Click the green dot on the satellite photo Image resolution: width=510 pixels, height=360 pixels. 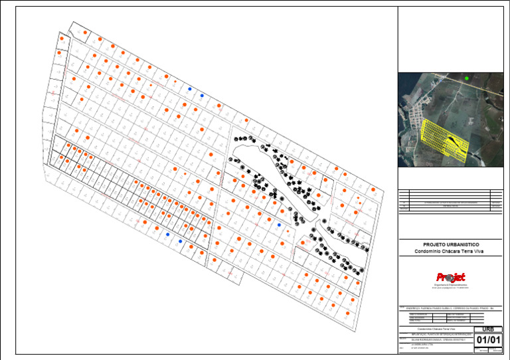[467, 78]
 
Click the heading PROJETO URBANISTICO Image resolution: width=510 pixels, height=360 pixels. [451, 244]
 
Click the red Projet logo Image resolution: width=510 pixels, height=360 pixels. [451, 277]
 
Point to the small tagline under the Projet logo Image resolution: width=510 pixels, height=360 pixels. [451, 286]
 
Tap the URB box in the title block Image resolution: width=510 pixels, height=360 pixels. [488, 329]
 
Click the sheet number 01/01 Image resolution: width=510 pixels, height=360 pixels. [488, 340]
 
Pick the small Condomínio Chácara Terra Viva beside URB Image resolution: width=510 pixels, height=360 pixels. [436, 329]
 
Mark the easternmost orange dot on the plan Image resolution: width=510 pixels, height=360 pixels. [374, 191]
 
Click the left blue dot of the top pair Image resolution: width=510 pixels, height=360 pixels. [189, 88]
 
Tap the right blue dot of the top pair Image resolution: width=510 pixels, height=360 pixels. [202, 96]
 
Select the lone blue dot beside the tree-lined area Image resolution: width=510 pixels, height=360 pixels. [280, 225]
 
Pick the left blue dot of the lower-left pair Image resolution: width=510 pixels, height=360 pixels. [168, 234]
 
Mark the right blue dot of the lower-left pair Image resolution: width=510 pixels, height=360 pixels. [181, 241]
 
